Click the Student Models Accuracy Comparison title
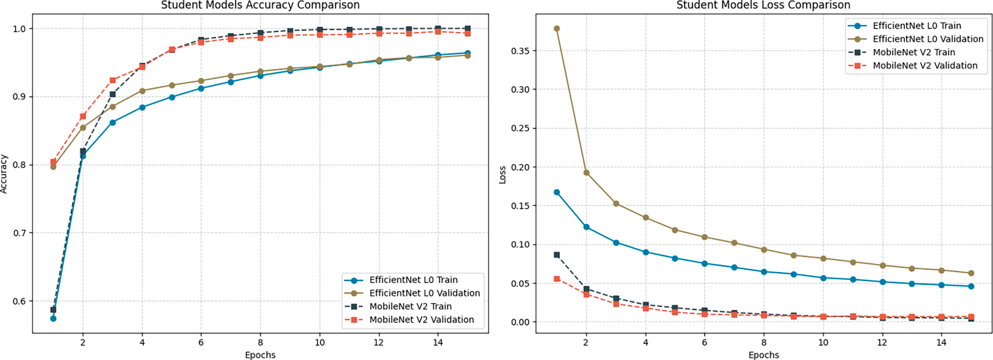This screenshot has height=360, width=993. [x=260, y=5]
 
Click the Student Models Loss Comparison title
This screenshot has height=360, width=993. [x=763, y=5]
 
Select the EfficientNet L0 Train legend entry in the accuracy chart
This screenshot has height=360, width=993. [x=413, y=280]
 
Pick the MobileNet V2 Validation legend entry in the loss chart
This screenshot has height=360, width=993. [x=924, y=66]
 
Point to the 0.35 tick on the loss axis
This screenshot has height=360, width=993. [x=520, y=51]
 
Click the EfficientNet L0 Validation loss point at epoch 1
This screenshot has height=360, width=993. [x=557, y=29]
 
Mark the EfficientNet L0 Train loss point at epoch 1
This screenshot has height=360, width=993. [x=557, y=192]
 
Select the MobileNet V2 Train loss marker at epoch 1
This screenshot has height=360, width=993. [x=557, y=255]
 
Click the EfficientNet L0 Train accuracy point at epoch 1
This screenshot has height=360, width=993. [x=53, y=319]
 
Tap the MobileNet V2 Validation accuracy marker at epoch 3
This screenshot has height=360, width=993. [x=113, y=80]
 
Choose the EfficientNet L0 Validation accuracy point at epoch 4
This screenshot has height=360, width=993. [x=142, y=91]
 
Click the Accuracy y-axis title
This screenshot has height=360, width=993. [x=4, y=174]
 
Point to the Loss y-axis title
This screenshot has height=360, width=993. [x=503, y=175]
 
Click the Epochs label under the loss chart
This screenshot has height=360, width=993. [x=763, y=355]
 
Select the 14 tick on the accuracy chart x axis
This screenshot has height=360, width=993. [x=437, y=343]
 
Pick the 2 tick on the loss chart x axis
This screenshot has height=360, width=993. [x=586, y=343]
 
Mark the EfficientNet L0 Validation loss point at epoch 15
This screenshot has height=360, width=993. [x=971, y=273]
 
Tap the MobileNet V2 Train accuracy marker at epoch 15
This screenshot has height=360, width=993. [x=468, y=28]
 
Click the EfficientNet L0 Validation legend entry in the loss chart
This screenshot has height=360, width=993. [x=928, y=39]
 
